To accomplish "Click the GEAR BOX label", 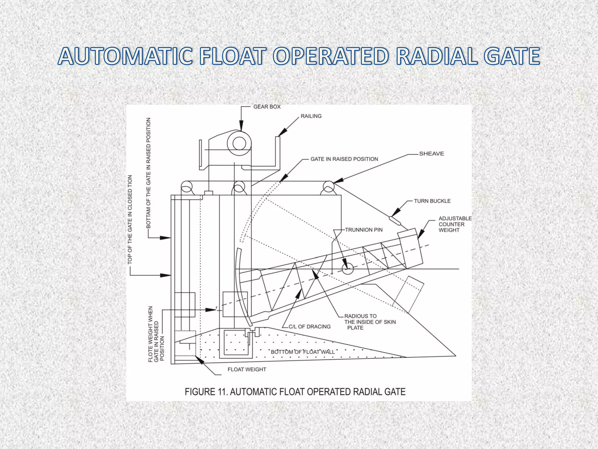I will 267,107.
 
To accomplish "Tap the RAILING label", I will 311,116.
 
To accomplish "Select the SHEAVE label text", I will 432,154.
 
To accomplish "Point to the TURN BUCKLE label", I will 432,201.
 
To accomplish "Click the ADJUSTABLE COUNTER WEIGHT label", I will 455,224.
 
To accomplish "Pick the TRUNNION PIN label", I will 364,230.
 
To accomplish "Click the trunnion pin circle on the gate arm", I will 347,269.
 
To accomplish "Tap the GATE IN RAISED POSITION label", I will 344,159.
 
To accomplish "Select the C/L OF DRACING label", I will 310,327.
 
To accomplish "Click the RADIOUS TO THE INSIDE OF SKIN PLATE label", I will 370,322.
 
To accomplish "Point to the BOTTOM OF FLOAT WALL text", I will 303,352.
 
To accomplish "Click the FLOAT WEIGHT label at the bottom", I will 247,369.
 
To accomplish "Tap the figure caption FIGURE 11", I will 295,391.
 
